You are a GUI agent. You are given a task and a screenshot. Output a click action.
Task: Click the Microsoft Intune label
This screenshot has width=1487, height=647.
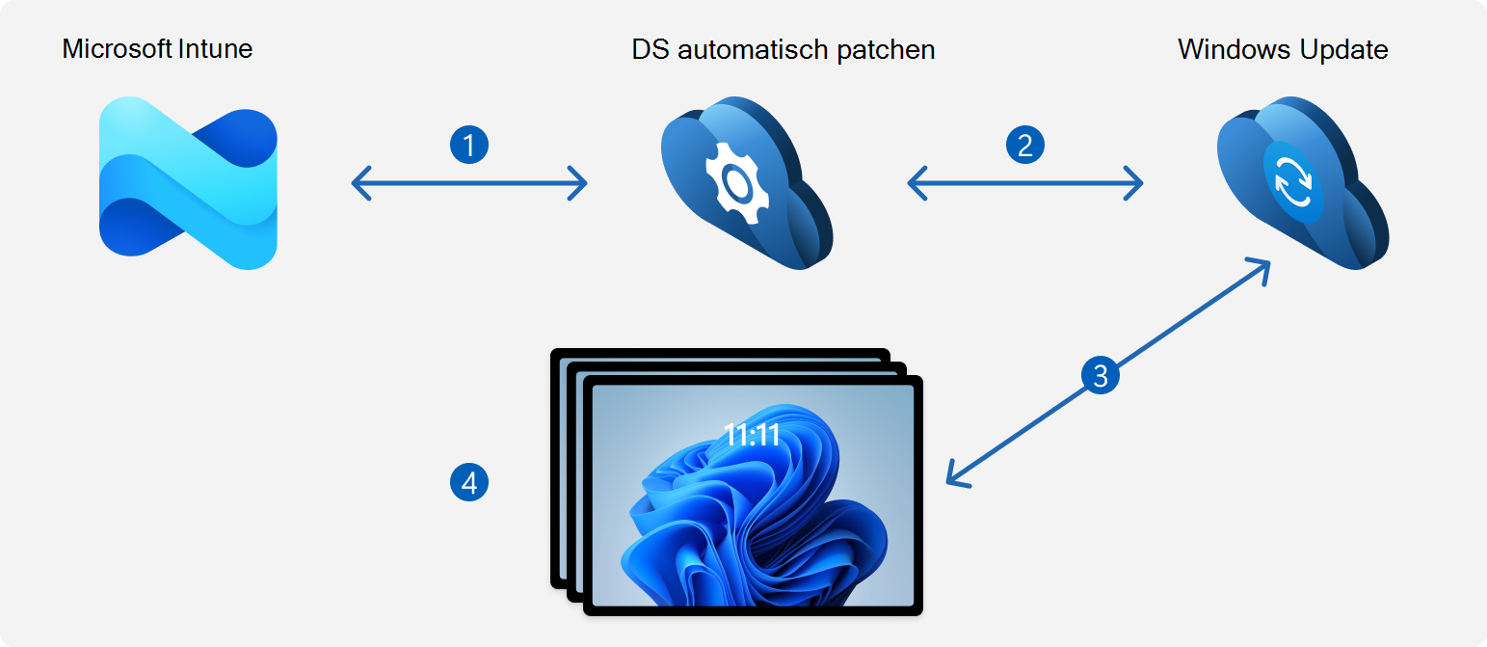click(157, 49)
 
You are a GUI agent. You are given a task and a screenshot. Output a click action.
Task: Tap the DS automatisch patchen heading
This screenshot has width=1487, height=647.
click(783, 49)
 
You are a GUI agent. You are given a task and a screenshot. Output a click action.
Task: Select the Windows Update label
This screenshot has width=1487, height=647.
click(1283, 49)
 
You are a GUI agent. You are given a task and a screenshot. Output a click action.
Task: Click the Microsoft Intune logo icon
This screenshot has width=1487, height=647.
click(188, 183)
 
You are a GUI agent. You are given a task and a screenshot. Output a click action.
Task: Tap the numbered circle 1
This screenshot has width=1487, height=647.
click(469, 146)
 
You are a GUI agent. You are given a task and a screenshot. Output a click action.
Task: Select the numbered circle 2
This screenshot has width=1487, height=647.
click(1024, 146)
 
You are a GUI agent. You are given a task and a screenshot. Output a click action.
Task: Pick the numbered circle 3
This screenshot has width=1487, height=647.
click(1101, 375)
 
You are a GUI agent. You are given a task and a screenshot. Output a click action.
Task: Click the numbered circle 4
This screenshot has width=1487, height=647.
click(469, 482)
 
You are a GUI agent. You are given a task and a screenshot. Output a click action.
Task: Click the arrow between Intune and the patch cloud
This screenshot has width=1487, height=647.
click(469, 182)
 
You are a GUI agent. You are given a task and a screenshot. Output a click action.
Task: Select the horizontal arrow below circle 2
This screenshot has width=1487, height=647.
click(1024, 182)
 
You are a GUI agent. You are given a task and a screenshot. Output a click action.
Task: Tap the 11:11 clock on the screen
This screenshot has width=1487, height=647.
click(752, 436)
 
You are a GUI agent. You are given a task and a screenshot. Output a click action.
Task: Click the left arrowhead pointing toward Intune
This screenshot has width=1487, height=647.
click(360, 182)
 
